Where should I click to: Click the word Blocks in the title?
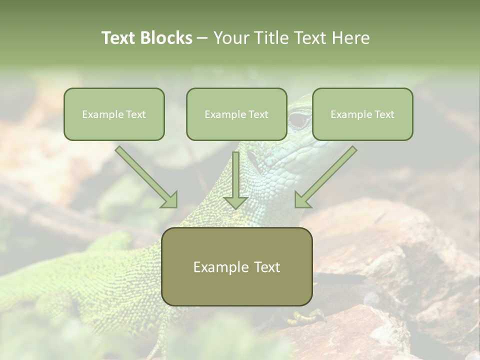tap(166, 38)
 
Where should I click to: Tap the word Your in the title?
tap(231, 38)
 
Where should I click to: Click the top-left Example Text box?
tap(114, 114)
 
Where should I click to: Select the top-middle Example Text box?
tap(236, 114)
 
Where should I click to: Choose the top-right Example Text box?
tap(362, 114)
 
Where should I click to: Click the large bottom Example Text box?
tap(236, 266)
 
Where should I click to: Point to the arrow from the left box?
tap(145, 176)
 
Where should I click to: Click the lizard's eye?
tap(299, 120)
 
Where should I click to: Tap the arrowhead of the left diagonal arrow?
tap(170, 200)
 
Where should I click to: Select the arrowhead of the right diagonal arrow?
tap(302, 200)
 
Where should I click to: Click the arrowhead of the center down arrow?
tap(235, 202)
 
